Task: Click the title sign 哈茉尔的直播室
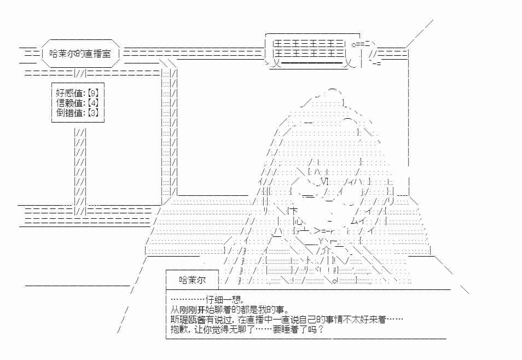(x=80, y=53)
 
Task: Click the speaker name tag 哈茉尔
(x=193, y=280)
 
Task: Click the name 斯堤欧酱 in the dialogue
(x=188, y=320)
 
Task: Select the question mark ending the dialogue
(x=321, y=330)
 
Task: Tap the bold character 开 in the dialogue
(x=201, y=310)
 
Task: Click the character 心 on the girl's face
(x=299, y=221)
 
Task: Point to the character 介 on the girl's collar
(x=325, y=250)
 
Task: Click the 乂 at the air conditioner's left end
(x=275, y=63)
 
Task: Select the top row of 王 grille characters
(x=308, y=44)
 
